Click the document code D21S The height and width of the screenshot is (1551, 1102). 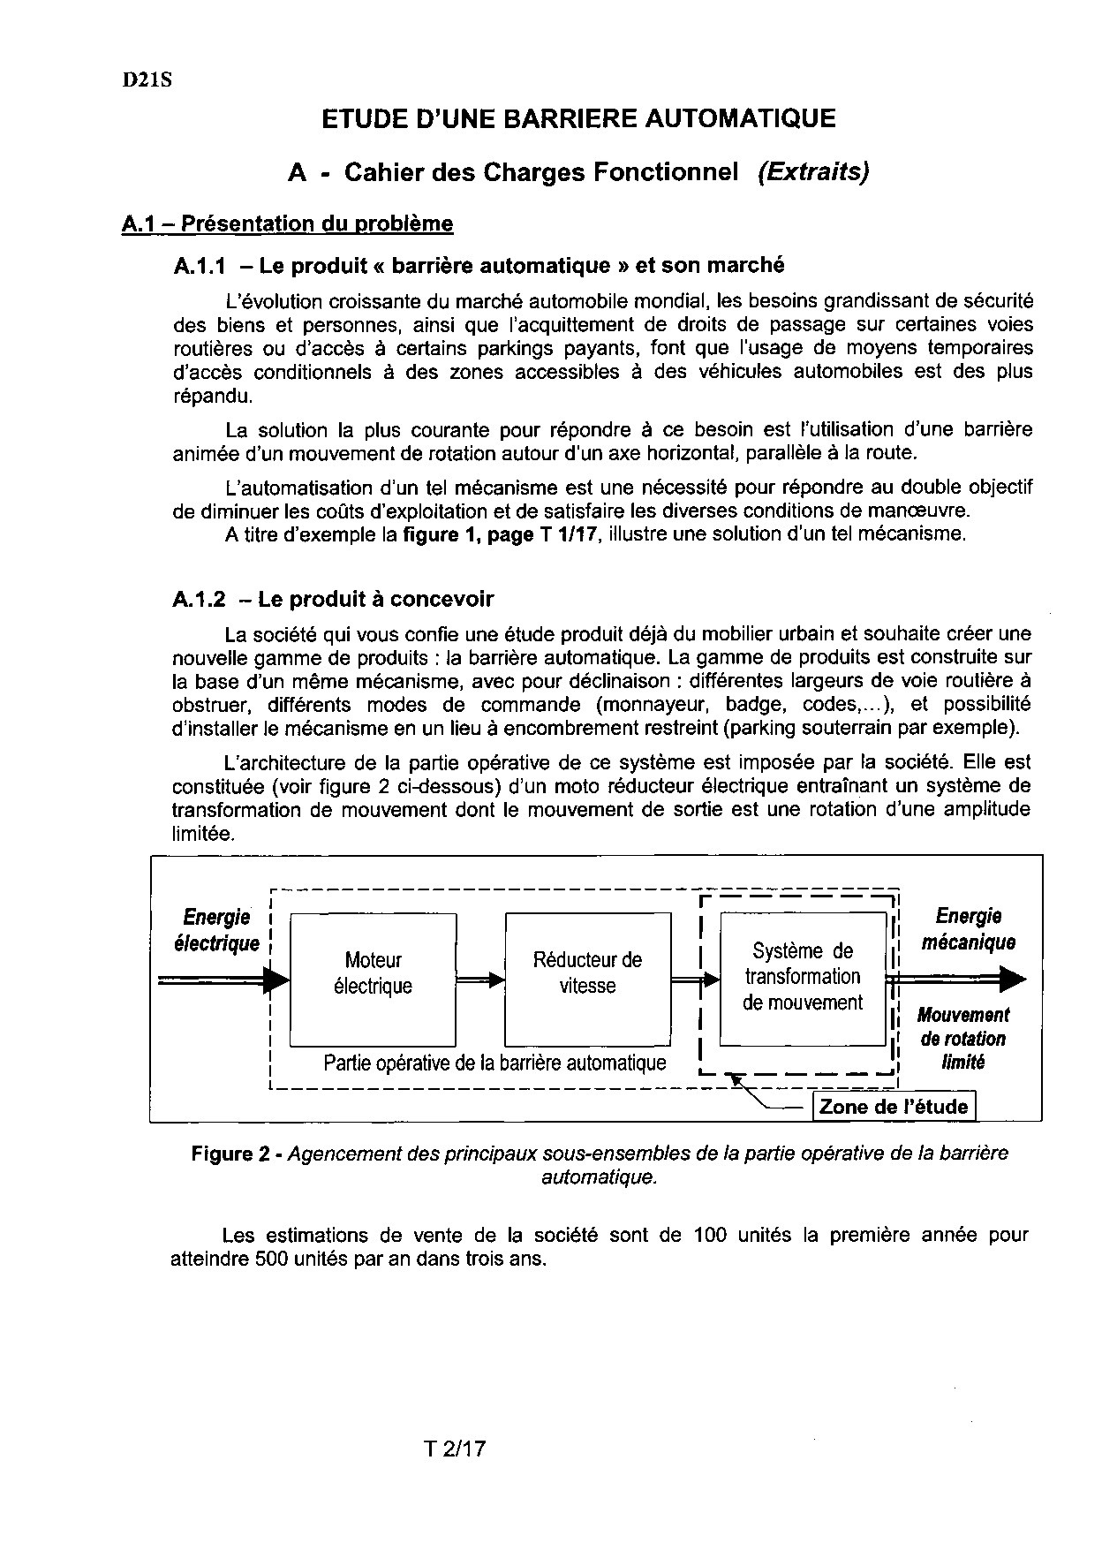(147, 79)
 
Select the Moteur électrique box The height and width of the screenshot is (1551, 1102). (373, 974)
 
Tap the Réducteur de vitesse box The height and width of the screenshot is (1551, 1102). (587, 973)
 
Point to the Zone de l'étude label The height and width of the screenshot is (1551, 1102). (894, 1107)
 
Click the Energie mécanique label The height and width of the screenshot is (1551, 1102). (969, 929)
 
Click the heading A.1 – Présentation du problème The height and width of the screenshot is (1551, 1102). (287, 224)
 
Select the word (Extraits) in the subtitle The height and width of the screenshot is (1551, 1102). (813, 172)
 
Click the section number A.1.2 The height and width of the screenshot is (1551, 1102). (200, 599)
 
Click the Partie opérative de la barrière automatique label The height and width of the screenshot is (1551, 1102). (494, 1063)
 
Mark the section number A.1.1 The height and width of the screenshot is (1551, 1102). (200, 265)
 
